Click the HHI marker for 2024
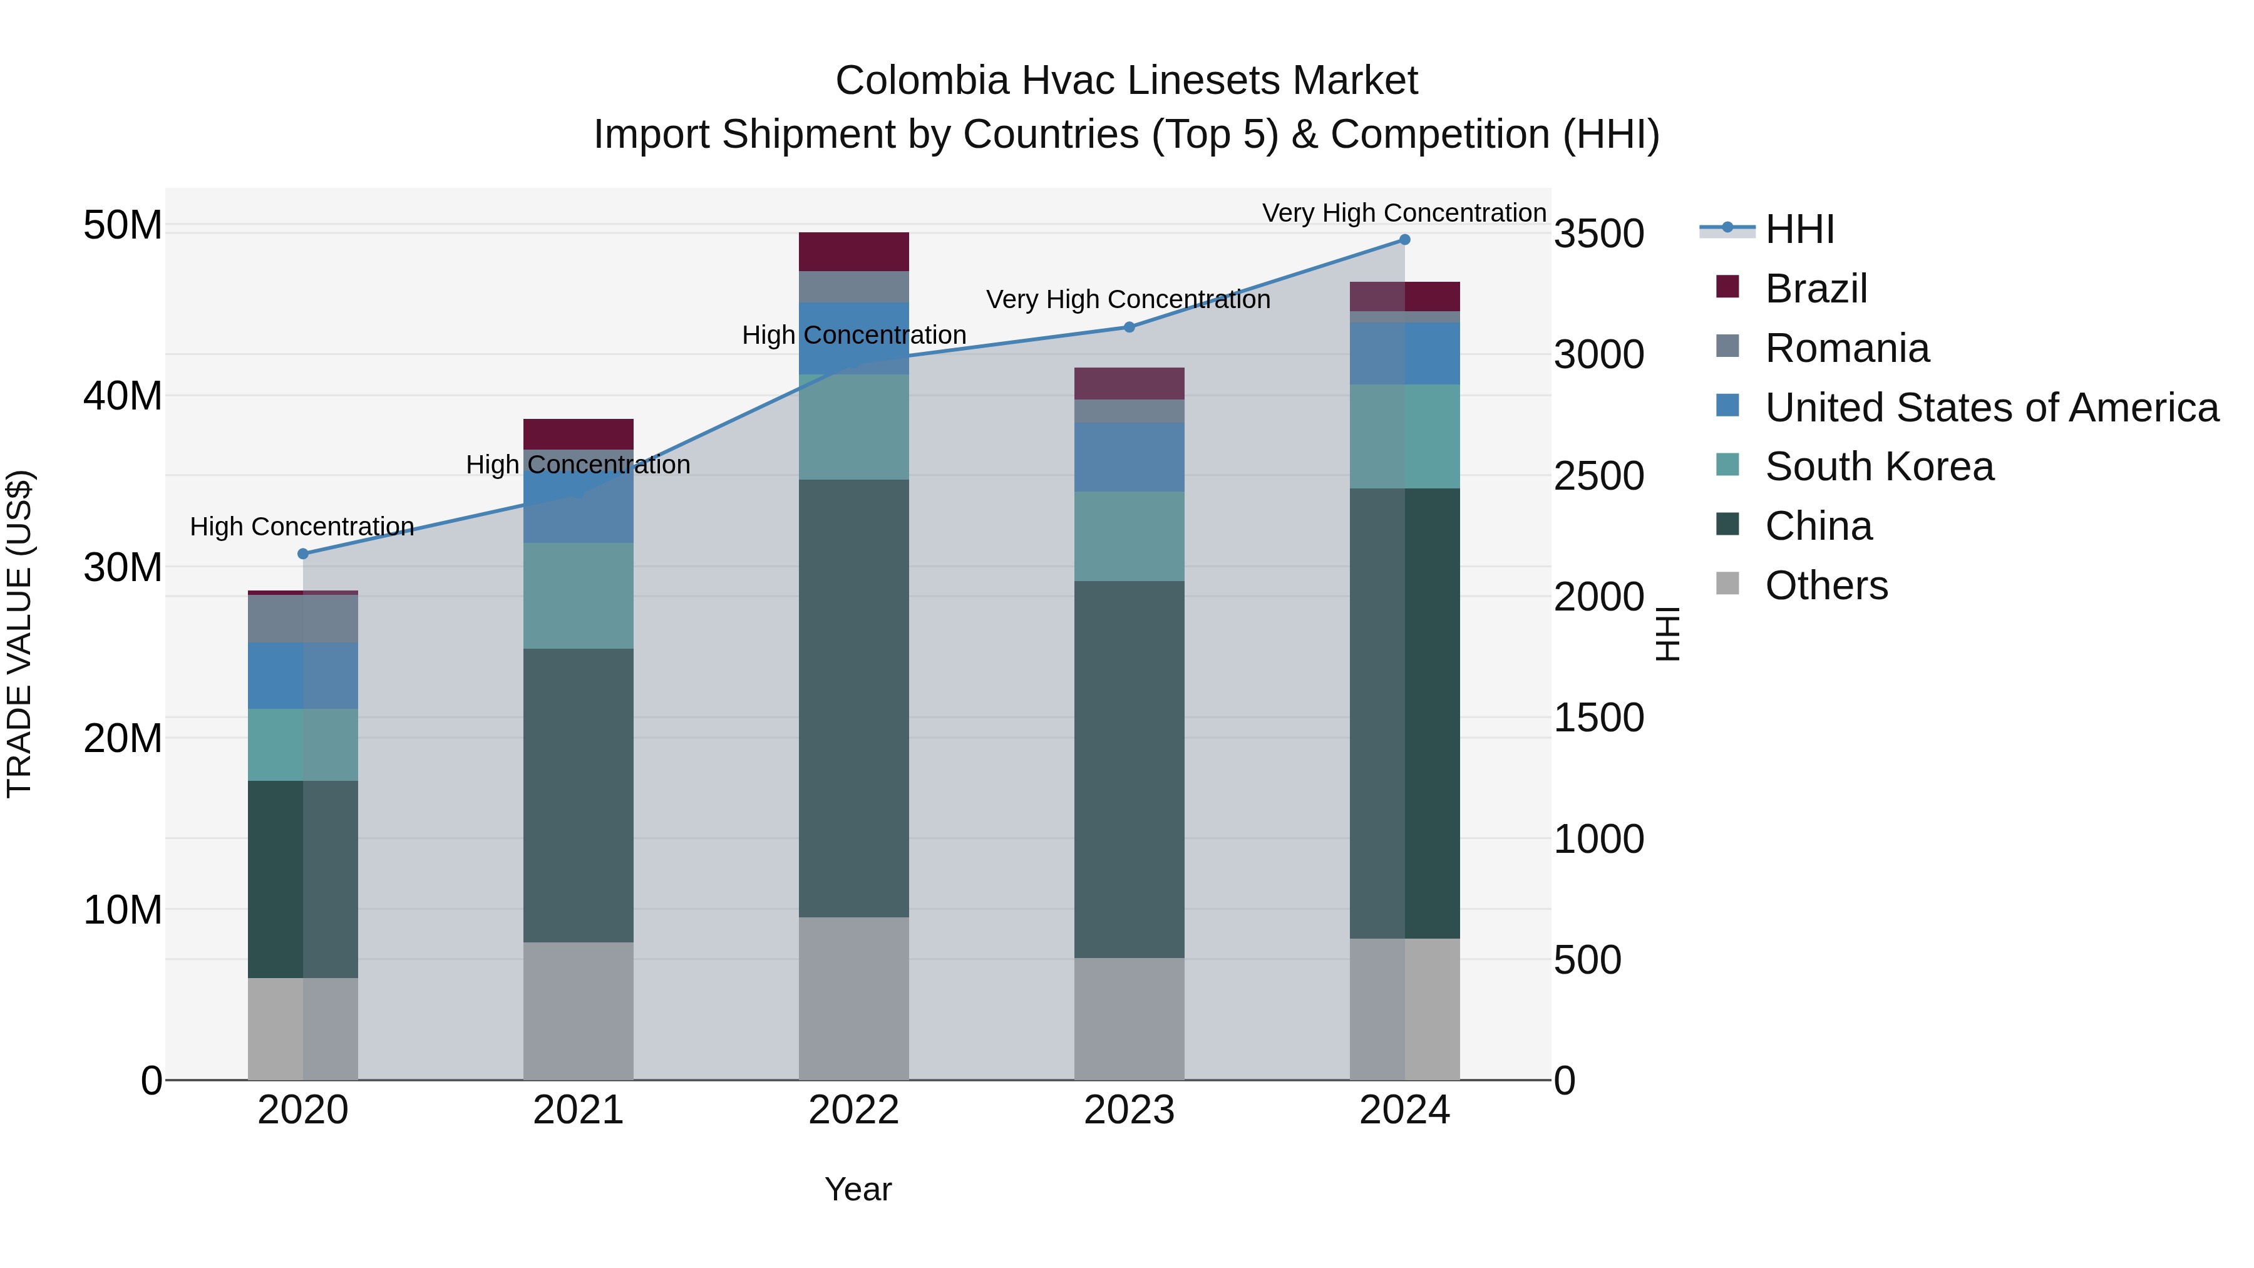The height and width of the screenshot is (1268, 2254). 1404,240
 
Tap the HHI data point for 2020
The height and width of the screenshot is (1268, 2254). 303,554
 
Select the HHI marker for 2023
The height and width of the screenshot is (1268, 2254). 1129,327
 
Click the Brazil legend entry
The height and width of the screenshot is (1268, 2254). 1816,289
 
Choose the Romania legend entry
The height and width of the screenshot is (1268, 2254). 1846,348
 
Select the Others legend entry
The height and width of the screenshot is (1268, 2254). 1826,585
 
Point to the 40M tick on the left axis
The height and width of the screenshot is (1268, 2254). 123,396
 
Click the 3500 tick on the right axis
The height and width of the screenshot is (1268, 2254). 1598,234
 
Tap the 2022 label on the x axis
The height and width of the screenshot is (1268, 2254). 853,1110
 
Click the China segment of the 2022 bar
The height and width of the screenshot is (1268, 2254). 853,698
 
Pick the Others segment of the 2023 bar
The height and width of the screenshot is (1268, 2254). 1129,1019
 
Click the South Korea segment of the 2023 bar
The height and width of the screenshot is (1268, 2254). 1129,537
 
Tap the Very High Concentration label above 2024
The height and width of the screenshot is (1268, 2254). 1404,213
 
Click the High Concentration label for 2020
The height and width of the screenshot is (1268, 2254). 302,527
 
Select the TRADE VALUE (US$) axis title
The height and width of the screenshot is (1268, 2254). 19,634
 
